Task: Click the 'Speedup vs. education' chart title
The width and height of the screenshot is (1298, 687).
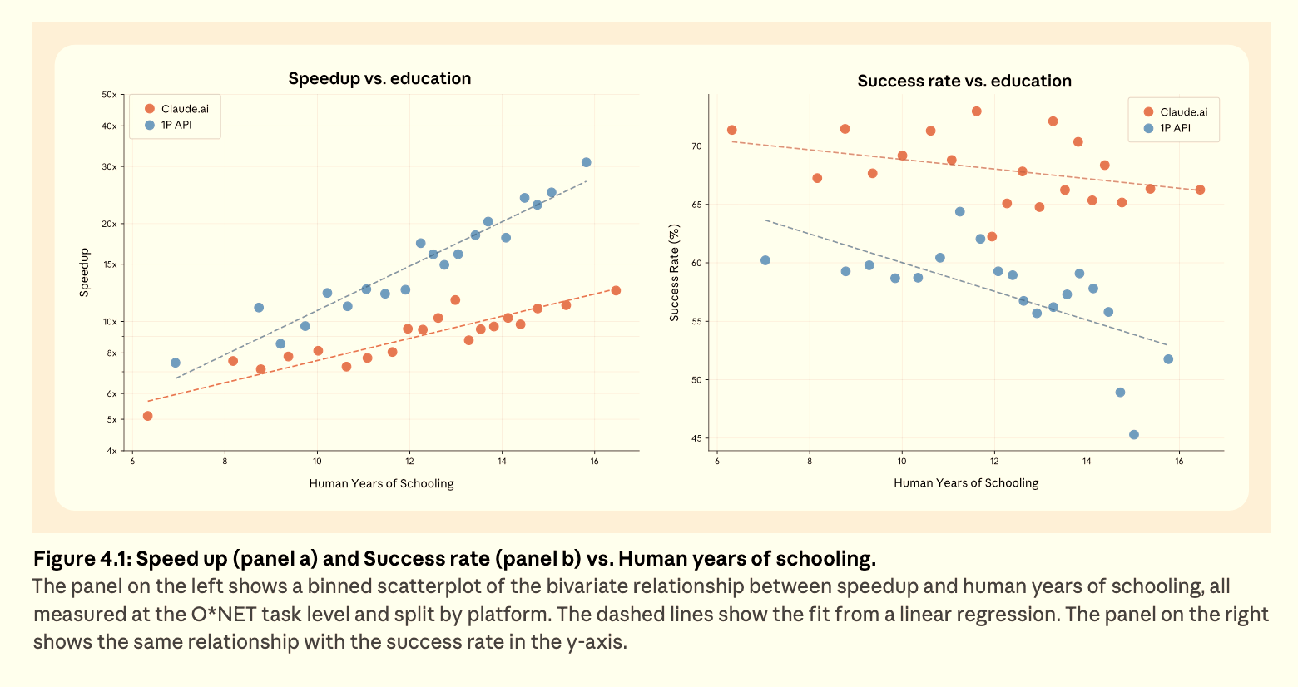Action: pyautogui.click(x=379, y=78)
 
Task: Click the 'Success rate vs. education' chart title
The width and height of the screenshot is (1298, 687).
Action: pyautogui.click(x=964, y=81)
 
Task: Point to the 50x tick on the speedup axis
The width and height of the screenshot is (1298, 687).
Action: pyautogui.click(x=109, y=95)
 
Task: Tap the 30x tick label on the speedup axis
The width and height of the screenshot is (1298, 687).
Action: pyautogui.click(x=109, y=167)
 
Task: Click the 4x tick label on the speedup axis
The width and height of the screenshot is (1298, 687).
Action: pyautogui.click(x=111, y=451)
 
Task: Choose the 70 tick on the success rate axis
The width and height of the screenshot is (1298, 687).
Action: pyautogui.click(x=696, y=146)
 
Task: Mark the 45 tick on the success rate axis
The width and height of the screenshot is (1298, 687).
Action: pyautogui.click(x=696, y=438)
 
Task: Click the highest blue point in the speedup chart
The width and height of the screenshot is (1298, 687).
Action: pyautogui.click(x=587, y=162)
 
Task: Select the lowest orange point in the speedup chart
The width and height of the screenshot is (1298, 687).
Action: pyautogui.click(x=148, y=416)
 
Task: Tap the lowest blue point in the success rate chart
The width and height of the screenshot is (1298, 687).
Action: pyautogui.click(x=1134, y=435)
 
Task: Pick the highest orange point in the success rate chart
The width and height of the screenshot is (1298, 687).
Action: pyautogui.click(x=977, y=111)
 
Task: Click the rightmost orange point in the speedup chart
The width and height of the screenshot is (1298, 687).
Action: pyautogui.click(x=616, y=290)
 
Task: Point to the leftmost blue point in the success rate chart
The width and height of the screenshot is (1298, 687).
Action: pyautogui.click(x=765, y=260)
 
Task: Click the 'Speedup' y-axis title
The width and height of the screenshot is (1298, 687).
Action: pyautogui.click(x=84, y=273)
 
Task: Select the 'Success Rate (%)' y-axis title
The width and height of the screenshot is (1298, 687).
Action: pyautogui.click(x=674, y=273)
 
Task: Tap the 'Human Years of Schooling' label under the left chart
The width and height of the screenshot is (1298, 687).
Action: pyautogui.click(x=381, y=483)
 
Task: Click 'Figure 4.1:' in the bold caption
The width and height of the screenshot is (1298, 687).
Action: pyautogui.click(x=81, y=558)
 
